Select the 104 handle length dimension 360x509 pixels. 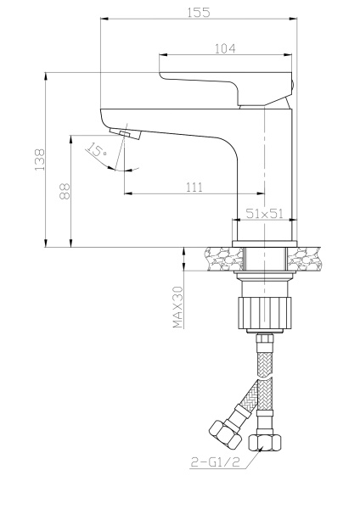[x=225, y=50]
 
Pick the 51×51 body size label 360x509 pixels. [x=263, y=215]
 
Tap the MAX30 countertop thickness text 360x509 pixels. [x=178, y=306]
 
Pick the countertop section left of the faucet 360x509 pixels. [x=218, y=257]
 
